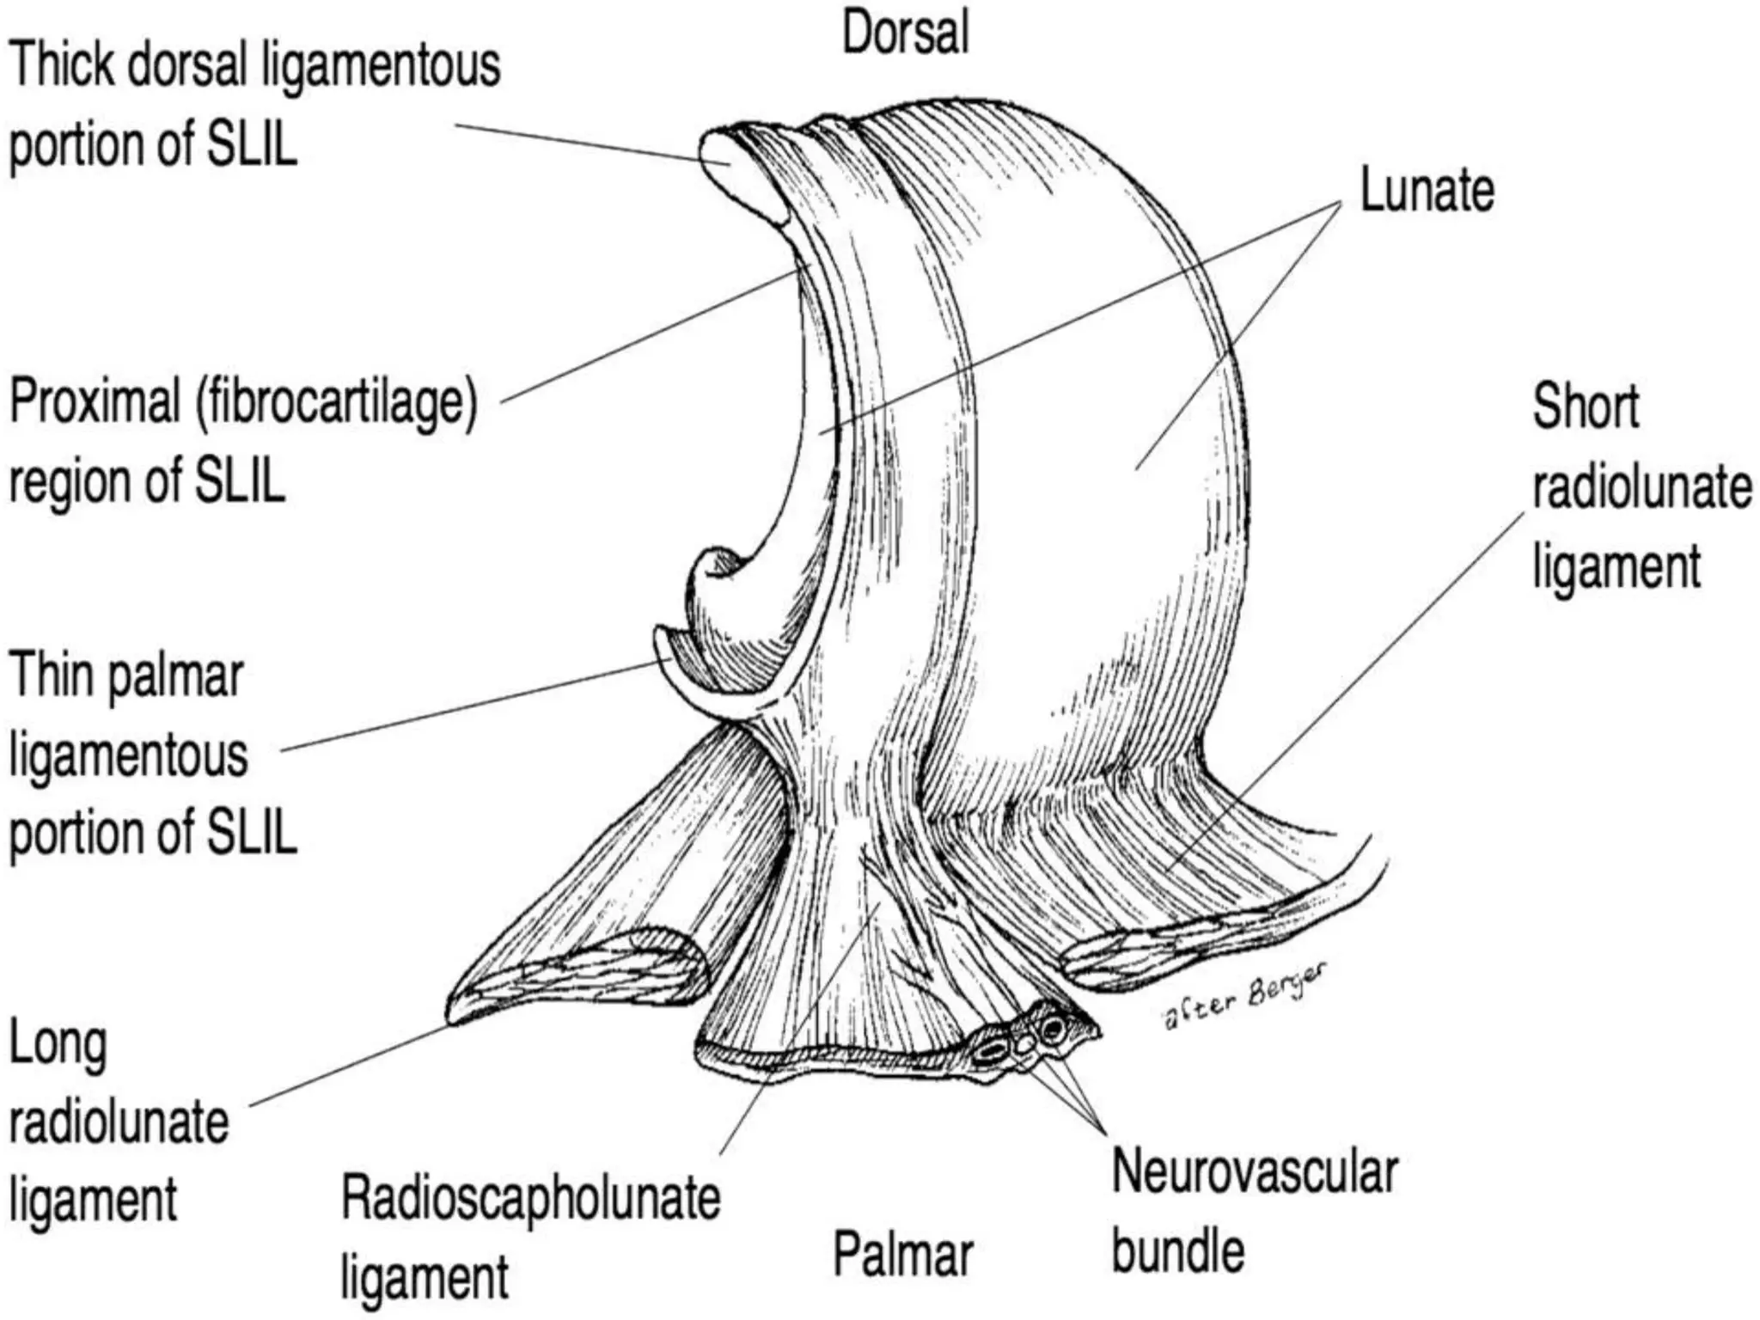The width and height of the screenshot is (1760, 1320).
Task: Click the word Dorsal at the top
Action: coord(905,33)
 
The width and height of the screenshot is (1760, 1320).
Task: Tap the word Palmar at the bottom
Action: coord(902,1254)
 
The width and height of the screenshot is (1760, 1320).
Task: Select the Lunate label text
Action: coord(1427,190)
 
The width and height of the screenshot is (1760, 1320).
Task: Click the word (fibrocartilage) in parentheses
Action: coord(336,402)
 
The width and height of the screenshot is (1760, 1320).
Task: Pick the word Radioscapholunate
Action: coord(530,1198)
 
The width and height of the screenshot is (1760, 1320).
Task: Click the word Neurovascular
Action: coord(1255,1171)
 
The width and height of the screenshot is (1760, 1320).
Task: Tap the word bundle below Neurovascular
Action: coord(1177,1250)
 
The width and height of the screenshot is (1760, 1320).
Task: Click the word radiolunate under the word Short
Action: coord(1641,487)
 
